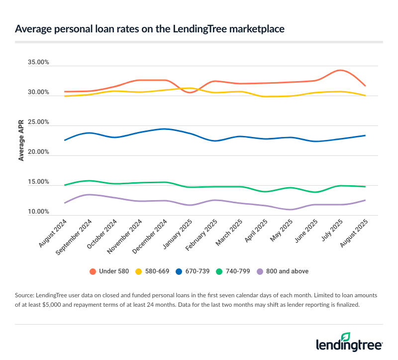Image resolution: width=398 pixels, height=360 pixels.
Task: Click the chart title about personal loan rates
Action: pyautogui.click(x=150, y=29)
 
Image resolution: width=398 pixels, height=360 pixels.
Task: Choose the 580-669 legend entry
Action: pyautogui.click(x=158, y=271)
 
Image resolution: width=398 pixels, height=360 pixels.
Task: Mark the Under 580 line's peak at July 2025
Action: pyautogui.click(x=340, y=70)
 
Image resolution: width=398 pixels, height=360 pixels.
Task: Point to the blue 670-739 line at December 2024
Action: pyautogui.click(x=165, y=129)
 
